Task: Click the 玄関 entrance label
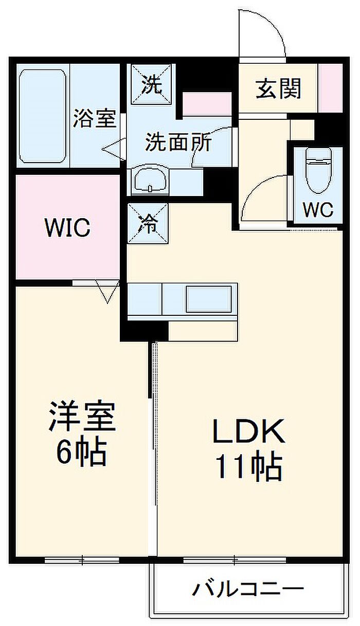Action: tap(278, 88)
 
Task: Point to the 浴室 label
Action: tap(95, 118)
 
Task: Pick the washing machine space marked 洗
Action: tap(151, 84)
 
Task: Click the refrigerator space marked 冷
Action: tap(148, 223)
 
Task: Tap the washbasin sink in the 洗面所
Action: tap(150, 181)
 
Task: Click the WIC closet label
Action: tap(67, 228)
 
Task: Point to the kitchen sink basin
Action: tap(208, 299)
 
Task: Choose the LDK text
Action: tap(248, 431)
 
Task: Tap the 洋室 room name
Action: tap(82, 416)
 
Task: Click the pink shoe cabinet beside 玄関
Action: tap(331, 88)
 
